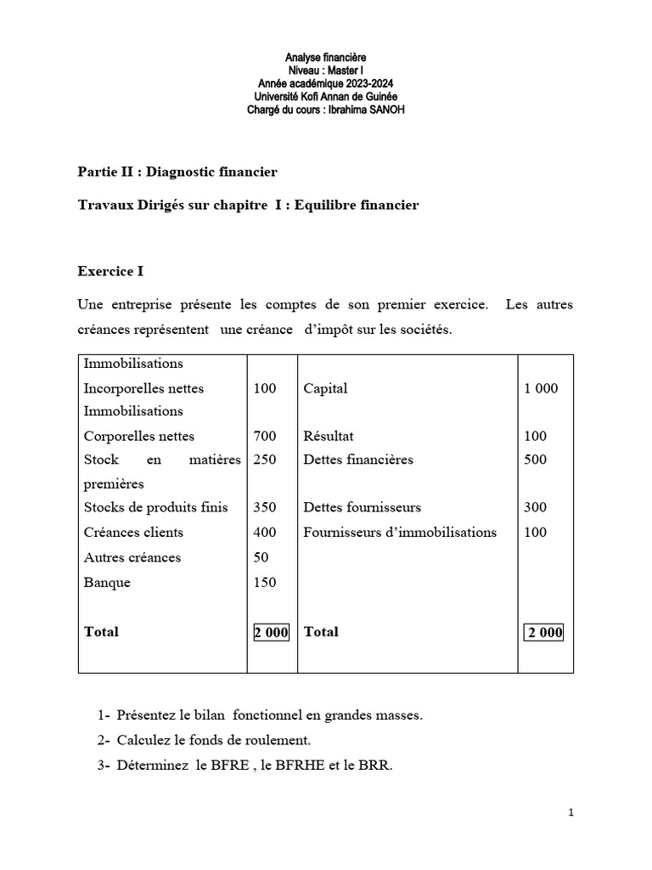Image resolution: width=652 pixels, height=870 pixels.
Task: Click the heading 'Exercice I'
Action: click(110, 272)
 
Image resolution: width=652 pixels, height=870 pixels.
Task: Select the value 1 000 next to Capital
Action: click(541, 388)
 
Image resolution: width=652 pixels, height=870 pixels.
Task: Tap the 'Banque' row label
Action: click(107, 583)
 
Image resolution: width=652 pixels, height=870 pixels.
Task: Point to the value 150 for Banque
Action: click(264, 583)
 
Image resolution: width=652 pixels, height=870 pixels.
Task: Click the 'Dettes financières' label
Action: click(358, 460)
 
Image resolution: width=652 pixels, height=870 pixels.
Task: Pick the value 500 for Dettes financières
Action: click(536, 460)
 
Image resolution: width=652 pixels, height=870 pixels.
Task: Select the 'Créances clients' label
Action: click(133, 533)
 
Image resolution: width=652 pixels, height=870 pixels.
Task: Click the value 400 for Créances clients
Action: click(264, 533)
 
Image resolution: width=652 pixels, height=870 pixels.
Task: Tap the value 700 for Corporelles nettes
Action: click(264, 436)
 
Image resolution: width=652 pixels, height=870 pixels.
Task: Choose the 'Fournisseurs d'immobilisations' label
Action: click(400, 533)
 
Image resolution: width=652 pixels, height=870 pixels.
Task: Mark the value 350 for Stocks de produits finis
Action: click(264, 508)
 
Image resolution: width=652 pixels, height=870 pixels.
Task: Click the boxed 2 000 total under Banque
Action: click(271, 632)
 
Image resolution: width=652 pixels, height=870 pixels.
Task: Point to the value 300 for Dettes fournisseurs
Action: click(536, 508)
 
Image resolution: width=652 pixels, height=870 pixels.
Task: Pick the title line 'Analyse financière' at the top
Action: click(325, 57)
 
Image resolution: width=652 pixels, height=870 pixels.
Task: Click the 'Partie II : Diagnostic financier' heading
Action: click(177, 172)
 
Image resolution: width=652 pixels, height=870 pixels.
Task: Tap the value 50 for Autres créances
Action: click(261, 557)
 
